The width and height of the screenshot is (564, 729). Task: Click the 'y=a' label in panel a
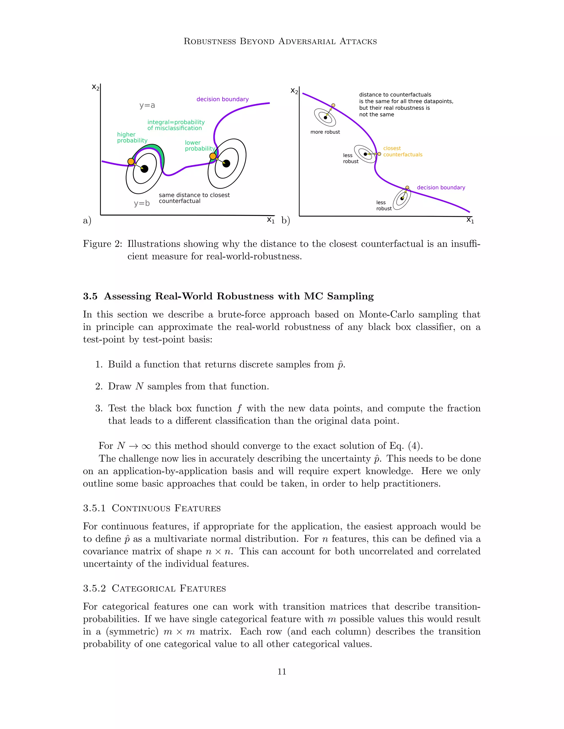coord(147,105)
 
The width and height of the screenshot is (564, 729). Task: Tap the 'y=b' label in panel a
coord(142,203)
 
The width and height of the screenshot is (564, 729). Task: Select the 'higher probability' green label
coord(132,138)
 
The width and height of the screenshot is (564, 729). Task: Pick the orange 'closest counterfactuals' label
coord(402,151)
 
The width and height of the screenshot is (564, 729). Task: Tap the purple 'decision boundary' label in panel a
coord(222,99)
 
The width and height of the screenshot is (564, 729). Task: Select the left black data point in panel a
coord(144,169)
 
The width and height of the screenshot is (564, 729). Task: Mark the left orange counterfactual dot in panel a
coord(131,161)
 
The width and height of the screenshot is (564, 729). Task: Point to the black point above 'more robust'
coord(326,117)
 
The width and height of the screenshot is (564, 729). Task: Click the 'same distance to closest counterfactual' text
coord(194,198)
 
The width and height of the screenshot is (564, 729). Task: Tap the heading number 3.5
coord(90,296)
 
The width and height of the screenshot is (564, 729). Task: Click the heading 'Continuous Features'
coord(166,508)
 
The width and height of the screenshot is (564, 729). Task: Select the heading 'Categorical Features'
coord(169,588)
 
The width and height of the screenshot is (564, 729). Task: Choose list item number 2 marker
coord(99,387)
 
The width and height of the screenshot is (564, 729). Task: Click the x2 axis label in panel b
coord(294,91)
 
